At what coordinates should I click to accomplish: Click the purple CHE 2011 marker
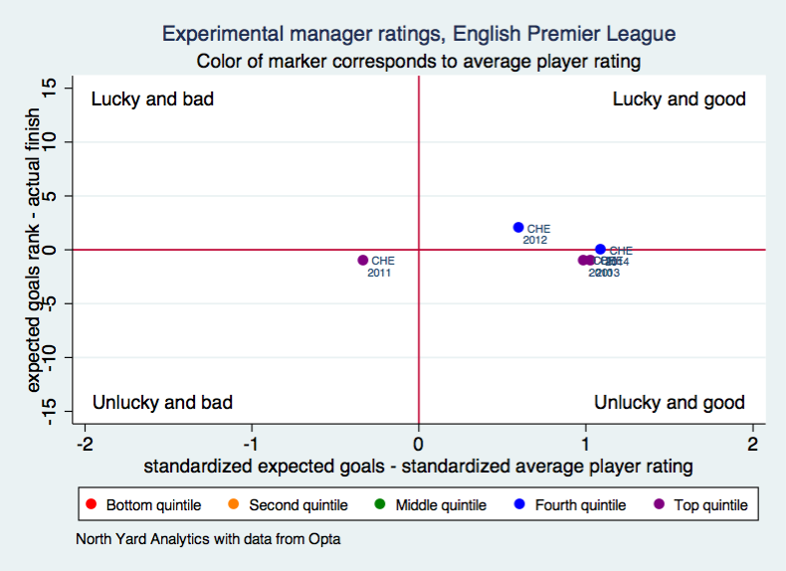point(363,261)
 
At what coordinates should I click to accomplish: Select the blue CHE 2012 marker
point(518,228)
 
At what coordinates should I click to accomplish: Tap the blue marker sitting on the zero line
point(600,250)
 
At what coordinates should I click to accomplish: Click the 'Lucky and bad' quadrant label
point(152,99)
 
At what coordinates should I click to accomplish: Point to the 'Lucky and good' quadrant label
point(679,99)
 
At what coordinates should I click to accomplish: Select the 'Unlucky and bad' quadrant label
point(162,403)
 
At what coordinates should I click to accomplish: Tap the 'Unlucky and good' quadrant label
point(669,403)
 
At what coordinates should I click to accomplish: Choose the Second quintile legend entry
point(289,505)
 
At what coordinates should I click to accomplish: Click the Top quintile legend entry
point(700,505)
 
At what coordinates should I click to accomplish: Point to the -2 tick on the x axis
point(87,443)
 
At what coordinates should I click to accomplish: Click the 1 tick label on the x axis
point(586,443)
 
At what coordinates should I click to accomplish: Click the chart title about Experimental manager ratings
point(418,35)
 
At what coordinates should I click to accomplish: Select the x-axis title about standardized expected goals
point(418,466)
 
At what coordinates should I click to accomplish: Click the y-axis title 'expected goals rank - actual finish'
point(34,251)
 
